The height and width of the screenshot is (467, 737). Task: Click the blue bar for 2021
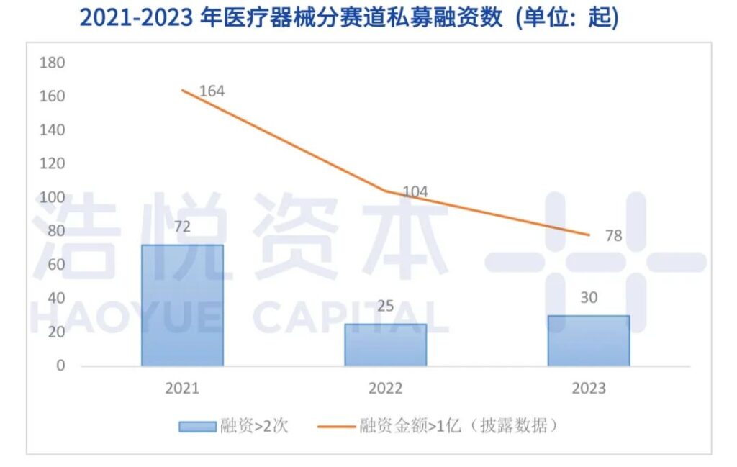pos(182,305)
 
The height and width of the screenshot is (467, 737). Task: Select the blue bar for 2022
pos(385,345)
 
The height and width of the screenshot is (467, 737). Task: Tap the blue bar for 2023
pos(588,340)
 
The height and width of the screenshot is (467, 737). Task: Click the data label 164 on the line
pos(211,91)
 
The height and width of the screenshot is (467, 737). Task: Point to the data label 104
pos(415,192)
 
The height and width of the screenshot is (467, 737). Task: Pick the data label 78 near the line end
pos(612,236)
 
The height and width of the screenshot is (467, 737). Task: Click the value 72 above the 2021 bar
pos(182,227)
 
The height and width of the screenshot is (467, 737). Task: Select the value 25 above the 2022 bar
pos(385,306)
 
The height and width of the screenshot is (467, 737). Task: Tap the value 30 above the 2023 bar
pos(589,297)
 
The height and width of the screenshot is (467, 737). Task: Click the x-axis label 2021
pos(182,389)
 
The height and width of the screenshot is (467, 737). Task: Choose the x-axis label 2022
pos(385,389)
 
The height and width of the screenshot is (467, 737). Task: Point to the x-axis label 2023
pos(589,389)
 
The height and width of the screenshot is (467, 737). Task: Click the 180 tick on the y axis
pos(52,63)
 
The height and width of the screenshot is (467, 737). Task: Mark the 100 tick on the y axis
pos(52,197)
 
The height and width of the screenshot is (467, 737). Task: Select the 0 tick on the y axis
pos(60,366)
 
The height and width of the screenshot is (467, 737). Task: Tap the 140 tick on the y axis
pos(52,130)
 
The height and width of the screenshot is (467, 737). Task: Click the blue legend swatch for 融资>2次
pos(196,426)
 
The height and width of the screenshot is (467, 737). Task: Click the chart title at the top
pos(348,17)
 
